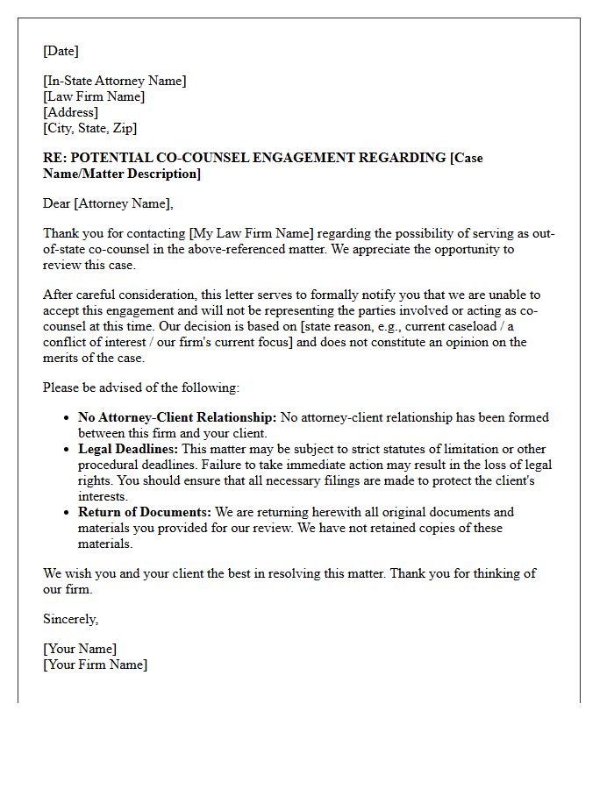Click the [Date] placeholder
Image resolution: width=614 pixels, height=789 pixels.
coord(61,51)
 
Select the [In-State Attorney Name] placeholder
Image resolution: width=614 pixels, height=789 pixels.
coord(115,81)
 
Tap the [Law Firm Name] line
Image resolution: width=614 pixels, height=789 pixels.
coord(94,96)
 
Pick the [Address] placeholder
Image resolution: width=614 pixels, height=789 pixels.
coord(70,112)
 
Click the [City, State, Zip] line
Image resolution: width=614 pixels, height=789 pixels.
coord(89,128)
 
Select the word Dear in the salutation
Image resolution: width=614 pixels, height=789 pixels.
coord(57,203)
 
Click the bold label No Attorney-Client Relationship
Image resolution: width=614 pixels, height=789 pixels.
coord(177,417)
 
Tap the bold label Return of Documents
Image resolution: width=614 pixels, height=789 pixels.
coord(144,512)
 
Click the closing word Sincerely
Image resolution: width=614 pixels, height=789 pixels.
coord(70,619)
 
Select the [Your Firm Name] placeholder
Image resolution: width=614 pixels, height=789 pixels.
coord(95,665)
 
